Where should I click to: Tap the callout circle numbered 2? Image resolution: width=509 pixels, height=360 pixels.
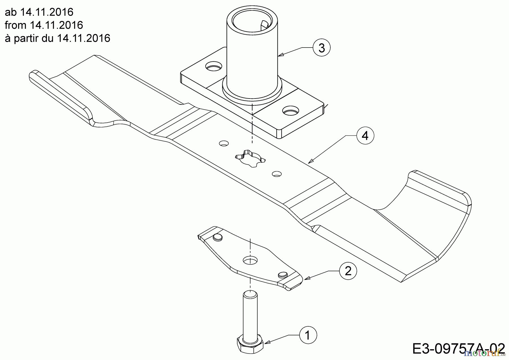pyautogui.click(x=348, y=271)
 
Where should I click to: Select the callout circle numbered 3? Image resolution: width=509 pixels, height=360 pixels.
pyautogui.click(x=322, y=48)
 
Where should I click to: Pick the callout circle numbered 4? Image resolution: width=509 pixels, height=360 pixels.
pyautogui.click(x=365, y=136)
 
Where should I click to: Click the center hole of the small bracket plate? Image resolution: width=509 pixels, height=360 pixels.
pyautogui.click(x=250, y=260)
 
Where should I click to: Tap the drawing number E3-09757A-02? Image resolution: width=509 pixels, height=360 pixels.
pyautogui.click(x=458, y=349)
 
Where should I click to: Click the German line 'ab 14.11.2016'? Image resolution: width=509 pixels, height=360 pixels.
pyautogui.click(x=39, y=12)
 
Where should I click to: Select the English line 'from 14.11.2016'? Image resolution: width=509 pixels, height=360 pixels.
pyautogui.click(x=44, y=25)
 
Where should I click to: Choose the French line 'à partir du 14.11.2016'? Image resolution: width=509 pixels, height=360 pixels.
pyautogui.click(x=57, y=38)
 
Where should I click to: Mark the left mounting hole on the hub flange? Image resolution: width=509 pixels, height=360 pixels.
pyautogui.click(x=213, y=67)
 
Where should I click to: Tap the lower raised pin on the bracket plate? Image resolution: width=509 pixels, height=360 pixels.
pyautogui.click(x=282, y=274)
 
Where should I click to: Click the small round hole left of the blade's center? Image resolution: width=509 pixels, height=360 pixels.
pyautogui.click(x=224, y=143)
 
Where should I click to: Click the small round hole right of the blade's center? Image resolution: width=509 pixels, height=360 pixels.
pyautogui.click(x=277, y=174)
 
